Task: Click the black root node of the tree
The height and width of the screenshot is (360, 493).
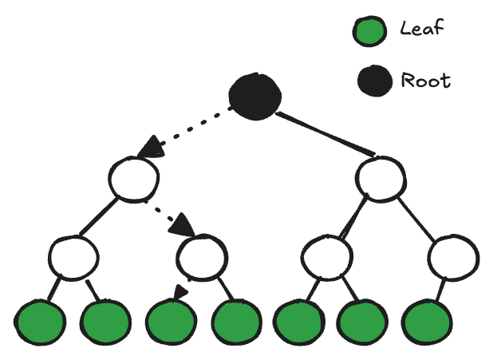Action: [254, 94]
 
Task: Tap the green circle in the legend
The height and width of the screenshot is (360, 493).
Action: [369, 31]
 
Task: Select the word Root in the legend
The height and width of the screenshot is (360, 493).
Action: [426, 81]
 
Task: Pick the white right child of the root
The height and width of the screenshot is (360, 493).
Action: [381, 177]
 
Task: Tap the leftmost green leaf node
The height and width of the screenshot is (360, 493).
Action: [39, 322]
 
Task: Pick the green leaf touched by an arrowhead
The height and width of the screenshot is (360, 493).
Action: [170, 322]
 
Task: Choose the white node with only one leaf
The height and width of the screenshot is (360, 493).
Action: [453, 256]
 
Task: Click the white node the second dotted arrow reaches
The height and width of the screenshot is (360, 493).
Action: [202, 256]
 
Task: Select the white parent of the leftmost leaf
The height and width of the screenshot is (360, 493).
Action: [73, 256]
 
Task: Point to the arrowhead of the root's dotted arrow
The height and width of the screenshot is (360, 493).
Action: [148, 149]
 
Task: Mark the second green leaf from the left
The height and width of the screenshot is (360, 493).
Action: [105, 322]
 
